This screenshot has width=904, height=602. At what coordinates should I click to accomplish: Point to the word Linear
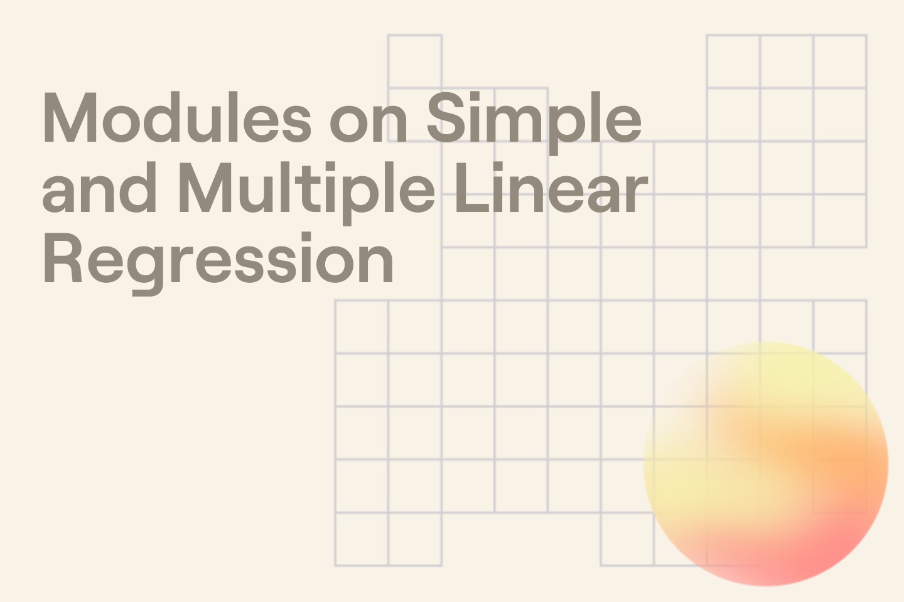click(x=551, y=188)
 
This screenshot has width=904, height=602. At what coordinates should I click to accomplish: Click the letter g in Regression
click(x=150, y=267)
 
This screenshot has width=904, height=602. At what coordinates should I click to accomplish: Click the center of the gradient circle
click(x=766, y=464)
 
